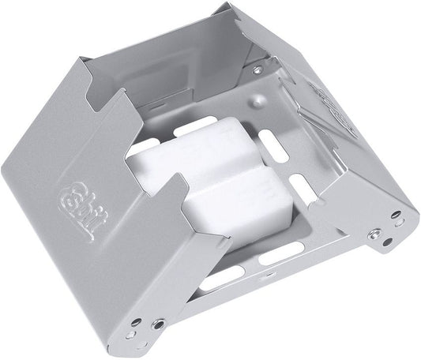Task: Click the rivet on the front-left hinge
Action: [x=159, y=324]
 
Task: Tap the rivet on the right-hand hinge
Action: [x=374, y=234]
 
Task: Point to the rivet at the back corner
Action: [x=257, y=69]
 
